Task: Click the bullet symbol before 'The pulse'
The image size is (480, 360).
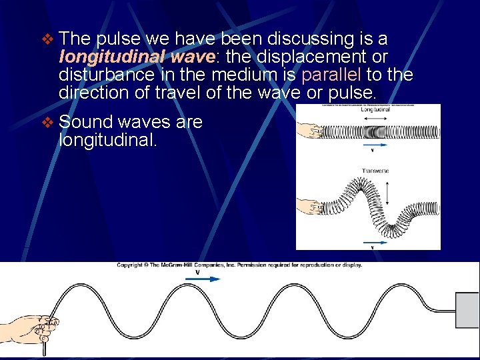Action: pos(46,40)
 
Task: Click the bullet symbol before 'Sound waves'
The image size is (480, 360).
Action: pos(46,123)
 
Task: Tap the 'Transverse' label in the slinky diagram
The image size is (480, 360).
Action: pos(375,171)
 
